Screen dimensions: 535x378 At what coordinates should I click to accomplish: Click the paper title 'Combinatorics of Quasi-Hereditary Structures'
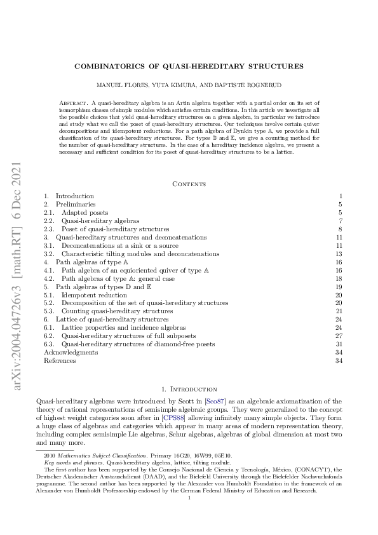point(188,65)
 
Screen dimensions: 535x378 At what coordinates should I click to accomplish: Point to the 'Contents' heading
point(189,184)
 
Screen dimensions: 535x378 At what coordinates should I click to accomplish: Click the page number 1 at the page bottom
point(189,499)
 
